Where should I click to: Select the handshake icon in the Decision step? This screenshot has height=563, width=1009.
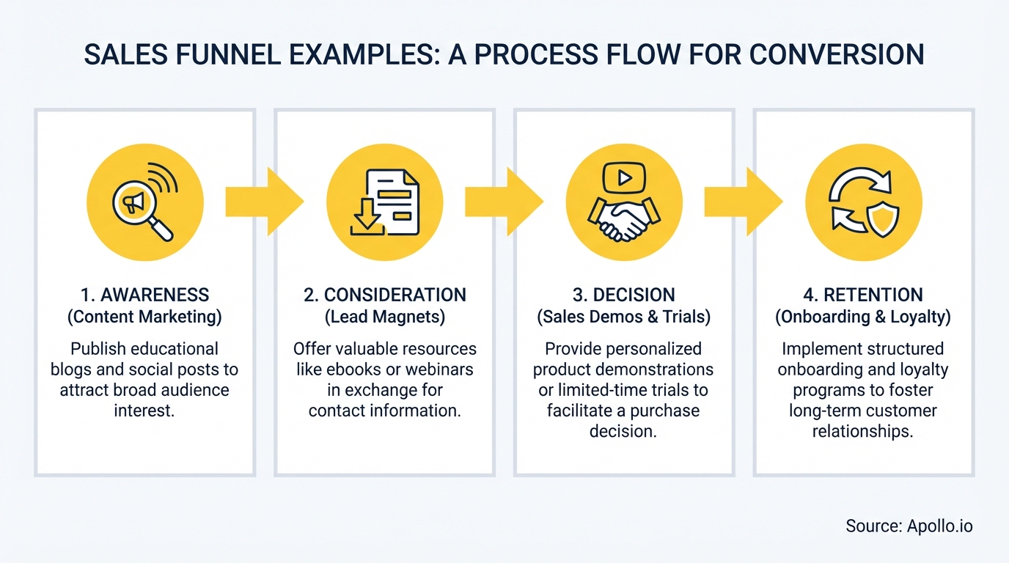coord(624,221)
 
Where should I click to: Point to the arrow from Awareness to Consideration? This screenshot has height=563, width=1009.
coord(264,202)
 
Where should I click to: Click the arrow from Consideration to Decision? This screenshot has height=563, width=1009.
coord(504,202)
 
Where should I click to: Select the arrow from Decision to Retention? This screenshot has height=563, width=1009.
coord(744,202)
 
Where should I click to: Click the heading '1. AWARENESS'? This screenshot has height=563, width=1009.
coord(144,295)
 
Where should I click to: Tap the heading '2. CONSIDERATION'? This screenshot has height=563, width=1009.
coord(384,295)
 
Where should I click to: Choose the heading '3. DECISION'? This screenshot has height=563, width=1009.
coord(624,295)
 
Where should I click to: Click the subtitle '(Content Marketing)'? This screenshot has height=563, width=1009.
coord(144,317)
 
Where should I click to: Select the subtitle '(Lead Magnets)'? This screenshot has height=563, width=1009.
coord(384,317)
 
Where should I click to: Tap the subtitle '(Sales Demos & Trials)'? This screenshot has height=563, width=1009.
coord(624,317)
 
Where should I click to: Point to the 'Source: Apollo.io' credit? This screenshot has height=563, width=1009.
coord(909,526)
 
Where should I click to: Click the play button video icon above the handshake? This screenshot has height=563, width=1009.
coord(624,177)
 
